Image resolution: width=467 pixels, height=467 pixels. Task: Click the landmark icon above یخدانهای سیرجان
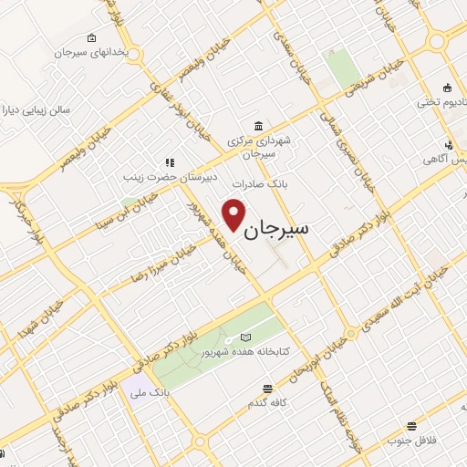pyautogui.click(x=91, y=37)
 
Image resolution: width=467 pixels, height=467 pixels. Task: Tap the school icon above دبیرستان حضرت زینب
pyautogui.click(x=169, y=162)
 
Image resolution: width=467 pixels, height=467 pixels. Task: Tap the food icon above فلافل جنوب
pyautogui.click(x=412, y=425)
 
